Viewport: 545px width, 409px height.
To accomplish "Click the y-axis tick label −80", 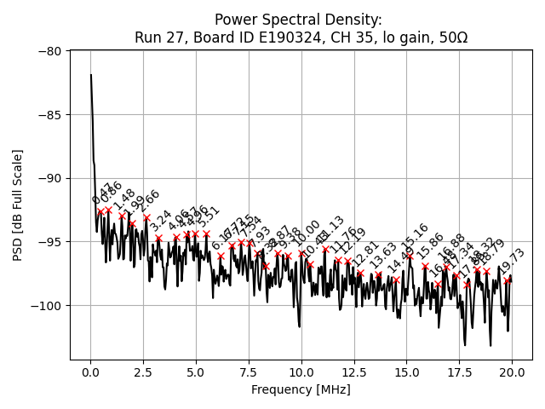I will coord(50,51).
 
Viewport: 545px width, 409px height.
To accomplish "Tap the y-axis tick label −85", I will coord(50,115).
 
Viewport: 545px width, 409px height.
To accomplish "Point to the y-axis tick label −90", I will coord(50,178).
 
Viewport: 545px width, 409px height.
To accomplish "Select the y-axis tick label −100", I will coord(48,305).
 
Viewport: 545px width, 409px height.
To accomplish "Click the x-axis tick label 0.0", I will coord(90,373).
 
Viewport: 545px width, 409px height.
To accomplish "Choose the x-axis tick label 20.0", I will coord(512,373).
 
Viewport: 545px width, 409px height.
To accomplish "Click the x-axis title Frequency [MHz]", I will coord(301,390).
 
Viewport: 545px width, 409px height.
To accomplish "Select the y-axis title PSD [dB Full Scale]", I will coord(17,204).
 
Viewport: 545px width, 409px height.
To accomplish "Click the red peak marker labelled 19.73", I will coord(508,280).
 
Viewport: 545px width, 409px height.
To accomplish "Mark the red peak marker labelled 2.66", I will coord(146,217).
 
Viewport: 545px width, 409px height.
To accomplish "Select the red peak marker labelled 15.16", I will coord(410,256).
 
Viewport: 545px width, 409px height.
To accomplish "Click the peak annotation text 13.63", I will coord(383,254).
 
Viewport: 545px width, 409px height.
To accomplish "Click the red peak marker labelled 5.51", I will coord(206,233).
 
